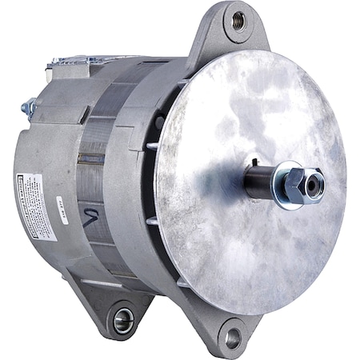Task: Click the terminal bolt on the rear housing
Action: pos(30,105)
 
